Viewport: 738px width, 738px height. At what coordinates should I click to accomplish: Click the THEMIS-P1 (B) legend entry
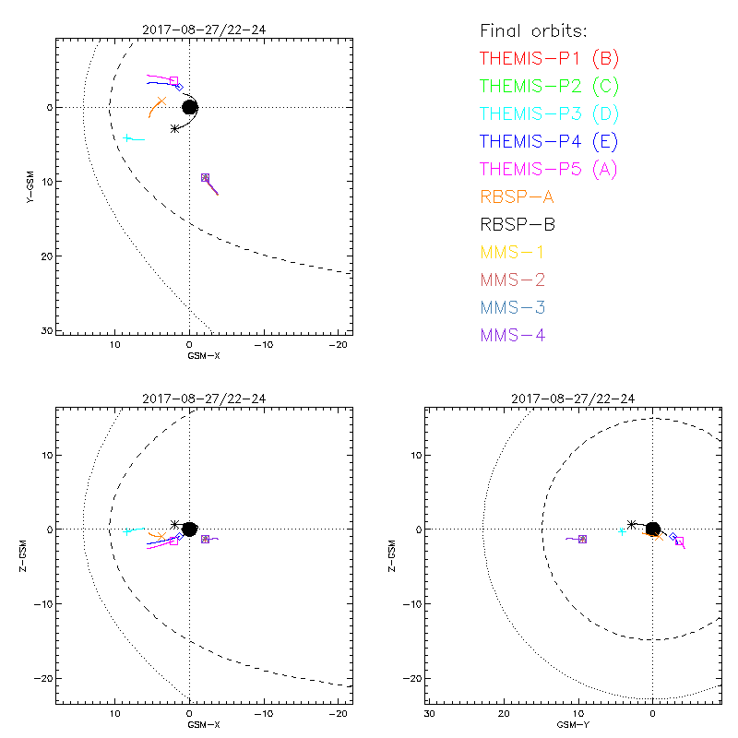pos(549,59)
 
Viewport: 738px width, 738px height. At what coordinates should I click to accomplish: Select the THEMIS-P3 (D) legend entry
pos(549,114)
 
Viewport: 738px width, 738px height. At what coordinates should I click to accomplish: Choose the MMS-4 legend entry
pos(513,335)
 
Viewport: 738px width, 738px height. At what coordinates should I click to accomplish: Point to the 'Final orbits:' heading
pos(541,30)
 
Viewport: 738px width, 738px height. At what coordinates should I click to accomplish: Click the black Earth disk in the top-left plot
pos(190,107)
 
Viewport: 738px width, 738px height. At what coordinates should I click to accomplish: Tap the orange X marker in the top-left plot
pos(161,101)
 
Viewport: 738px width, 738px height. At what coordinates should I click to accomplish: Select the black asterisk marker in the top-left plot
pos(174,128)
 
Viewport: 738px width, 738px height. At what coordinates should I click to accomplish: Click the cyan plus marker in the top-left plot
pos(127,138)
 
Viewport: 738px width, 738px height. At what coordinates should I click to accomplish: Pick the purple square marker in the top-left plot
pos(205,177)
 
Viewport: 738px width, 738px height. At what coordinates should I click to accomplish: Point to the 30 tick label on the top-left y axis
pos(44,329)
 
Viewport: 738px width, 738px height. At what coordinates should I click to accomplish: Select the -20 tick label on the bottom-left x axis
pos(339,714)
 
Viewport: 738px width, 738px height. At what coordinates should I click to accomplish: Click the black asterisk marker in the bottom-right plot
pos(631,525)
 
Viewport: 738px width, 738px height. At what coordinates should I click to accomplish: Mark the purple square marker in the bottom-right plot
pos(582,539)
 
